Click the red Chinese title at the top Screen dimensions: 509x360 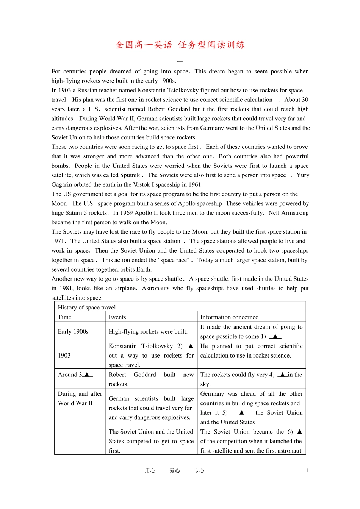[x=180, y=45]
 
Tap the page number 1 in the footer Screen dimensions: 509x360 [x=307, y=471]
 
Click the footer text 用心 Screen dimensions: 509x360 [x=150, y=471]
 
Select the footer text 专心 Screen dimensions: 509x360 [x=199, y=471]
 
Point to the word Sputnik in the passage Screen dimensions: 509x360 [x=130, y=175]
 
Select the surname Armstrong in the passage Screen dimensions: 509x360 [x=294, y=213]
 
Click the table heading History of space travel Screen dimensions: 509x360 [x=87, y=308]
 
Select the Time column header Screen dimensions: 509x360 [x=64, y=317]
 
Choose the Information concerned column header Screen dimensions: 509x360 [x=229, y=317]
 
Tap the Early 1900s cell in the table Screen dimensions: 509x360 [x=73, y=331]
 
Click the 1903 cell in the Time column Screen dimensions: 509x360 [x=64, y=355]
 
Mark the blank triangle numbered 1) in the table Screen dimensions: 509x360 [x=275, y=336]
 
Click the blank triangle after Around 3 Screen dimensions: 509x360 [x=87, y=375]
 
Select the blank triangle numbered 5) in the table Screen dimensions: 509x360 [x=241, y=413]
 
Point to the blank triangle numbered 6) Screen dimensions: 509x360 [x=299, y=432]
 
